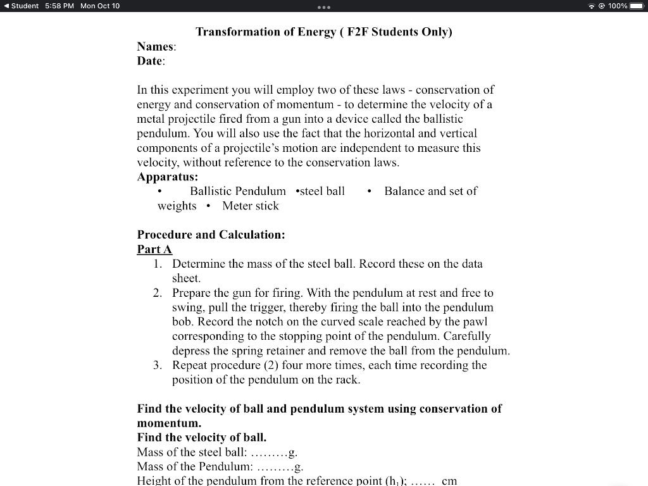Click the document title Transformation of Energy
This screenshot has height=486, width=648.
[323, 32]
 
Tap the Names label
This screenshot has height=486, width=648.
[156, 46]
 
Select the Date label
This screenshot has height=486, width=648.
[151, 61]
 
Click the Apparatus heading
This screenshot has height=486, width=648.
[167, 177]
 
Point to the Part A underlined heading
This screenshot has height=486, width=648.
[154, 249]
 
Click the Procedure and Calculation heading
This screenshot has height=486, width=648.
[211, 235]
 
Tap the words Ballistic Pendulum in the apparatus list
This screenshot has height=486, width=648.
[238, 191]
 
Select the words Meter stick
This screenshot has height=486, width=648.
[251, 206]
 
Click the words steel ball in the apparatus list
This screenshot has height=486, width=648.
[322, 191]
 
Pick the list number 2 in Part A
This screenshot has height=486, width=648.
[158, 293]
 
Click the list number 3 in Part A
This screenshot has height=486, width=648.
[158, 365]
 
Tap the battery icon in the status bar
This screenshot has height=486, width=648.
[636, 6]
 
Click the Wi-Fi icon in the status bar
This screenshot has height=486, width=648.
[592, 6]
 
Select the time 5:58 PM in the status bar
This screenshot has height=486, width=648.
[60, 6]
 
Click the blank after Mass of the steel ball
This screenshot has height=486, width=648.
[269, 452]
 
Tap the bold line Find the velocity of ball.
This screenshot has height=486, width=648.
[201, 437]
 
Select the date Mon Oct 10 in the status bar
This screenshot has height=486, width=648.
[100, 6]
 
